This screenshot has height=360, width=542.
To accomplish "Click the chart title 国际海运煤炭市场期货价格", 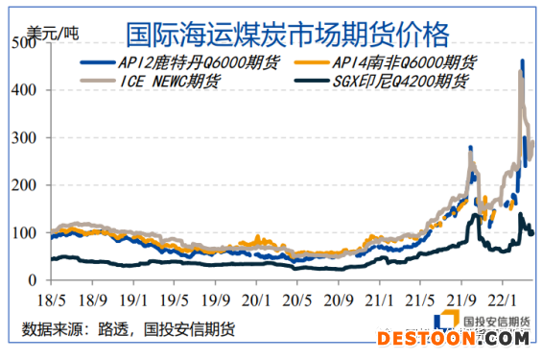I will [287, 36].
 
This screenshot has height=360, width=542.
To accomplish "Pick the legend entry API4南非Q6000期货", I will [404, 63].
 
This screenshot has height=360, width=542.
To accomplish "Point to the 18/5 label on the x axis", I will [51, 300].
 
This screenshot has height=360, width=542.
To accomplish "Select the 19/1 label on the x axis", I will [133, 300].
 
